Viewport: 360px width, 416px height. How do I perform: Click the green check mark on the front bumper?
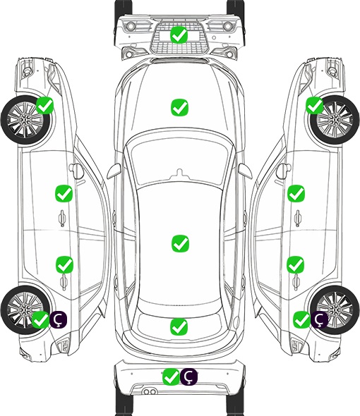(179, 35)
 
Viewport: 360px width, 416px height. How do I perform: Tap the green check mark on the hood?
(179, 107)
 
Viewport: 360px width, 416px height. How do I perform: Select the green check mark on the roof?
(180, 243)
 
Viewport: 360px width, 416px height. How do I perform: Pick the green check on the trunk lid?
(179, 326)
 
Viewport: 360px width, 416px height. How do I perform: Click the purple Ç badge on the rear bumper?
(188, 377)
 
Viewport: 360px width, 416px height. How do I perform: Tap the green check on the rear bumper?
(172, 377)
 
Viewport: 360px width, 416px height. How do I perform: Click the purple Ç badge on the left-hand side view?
(58, 319)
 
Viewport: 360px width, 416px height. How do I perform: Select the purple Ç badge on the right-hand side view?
(319, 319)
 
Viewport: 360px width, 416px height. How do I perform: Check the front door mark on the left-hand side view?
(64, 193)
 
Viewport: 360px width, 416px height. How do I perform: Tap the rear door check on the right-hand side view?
(296, 264)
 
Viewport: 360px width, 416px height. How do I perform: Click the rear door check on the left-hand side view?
(64, 264)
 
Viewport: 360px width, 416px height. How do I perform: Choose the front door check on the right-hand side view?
(296, 193)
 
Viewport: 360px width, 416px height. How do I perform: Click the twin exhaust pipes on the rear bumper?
(150, 392)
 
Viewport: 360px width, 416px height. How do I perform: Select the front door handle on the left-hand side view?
(62, 218)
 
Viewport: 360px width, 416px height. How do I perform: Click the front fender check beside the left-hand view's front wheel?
(45, 105)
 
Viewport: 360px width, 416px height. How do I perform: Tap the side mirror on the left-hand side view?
(76, 171)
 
